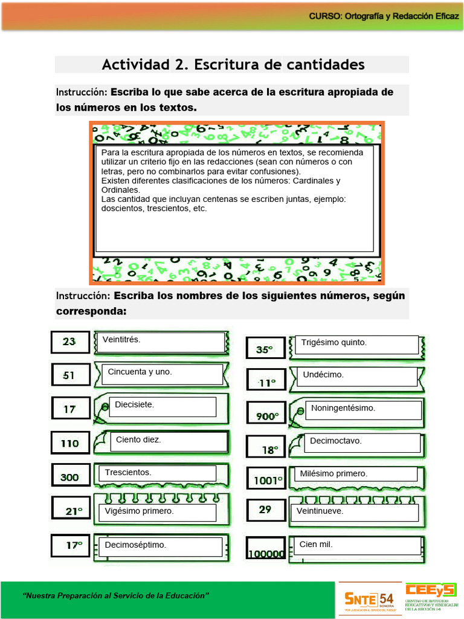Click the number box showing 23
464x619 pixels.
coord(70,342)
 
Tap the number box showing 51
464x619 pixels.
coord(70,375)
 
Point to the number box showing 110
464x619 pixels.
coord(70,444)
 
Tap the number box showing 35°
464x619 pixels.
coord(265,349)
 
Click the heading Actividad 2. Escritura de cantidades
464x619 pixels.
coord(233,65)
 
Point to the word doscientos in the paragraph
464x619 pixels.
coord(123,209)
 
